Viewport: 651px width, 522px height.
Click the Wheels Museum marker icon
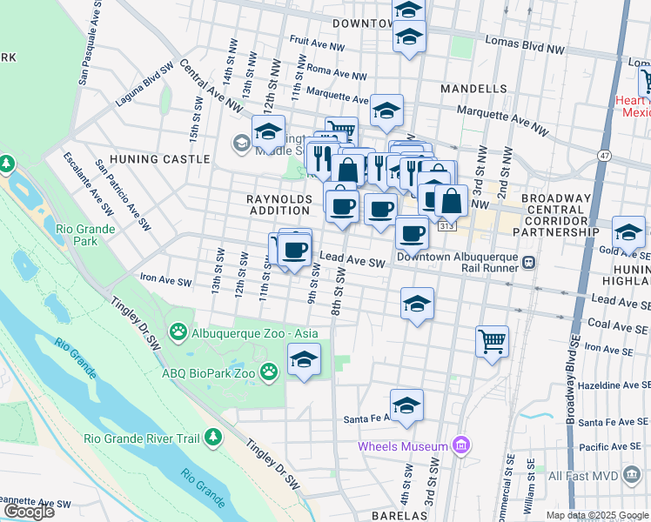click(461, 446)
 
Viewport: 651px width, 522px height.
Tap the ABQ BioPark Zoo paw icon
click(270, 372)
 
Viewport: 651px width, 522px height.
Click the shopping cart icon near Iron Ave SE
click(492, 340)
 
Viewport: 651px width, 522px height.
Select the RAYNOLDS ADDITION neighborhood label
click(279, 204)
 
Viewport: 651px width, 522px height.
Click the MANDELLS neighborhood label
click(473, 89)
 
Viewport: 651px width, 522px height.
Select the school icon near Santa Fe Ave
click(406, 405)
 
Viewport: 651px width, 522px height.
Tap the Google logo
click(29, 512)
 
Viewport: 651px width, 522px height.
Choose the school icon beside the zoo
click(304, 359)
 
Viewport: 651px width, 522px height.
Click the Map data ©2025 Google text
click(597, 515)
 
